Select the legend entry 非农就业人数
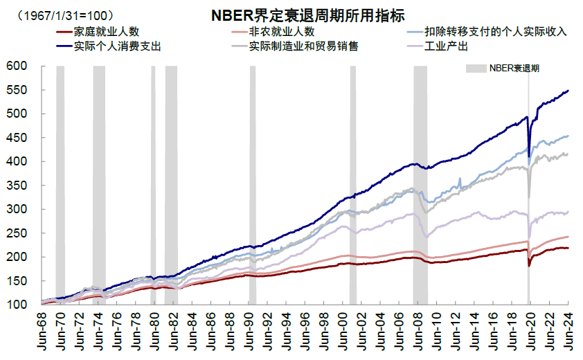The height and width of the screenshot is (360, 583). (281, 32)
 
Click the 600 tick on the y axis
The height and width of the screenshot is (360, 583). (17, 66)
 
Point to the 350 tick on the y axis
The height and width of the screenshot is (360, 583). (17, 186)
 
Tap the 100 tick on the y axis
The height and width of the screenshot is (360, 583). (17, 305)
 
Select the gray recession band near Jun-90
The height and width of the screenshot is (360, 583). (253, 180)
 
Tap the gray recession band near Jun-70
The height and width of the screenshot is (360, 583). (60, 180)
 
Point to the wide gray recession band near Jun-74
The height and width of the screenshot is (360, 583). (99, 180)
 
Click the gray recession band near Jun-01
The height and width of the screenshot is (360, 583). (352, 180)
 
